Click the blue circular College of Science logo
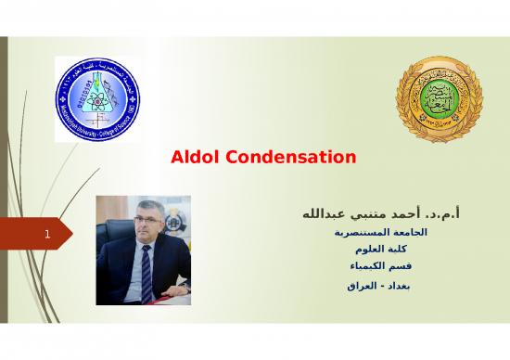93,95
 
